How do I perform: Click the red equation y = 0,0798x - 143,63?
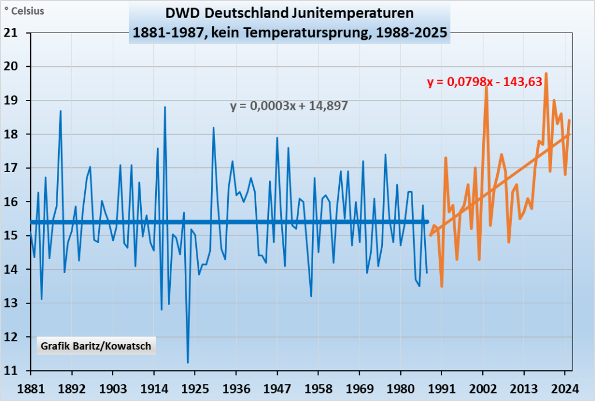pyautogui.click(x=485, y=83)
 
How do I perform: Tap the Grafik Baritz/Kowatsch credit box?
pyautogui.click(x=96, y=346)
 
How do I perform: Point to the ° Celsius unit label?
pyautogui.click(x=25, y=10)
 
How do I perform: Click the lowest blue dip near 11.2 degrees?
pyautogui.click(x=188, y=363)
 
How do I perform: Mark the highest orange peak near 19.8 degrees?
pyautogui.click(x=546, y=74)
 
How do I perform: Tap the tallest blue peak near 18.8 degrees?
pyautogui.click(x=165, y=108)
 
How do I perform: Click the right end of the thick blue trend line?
pyautogui.click(x=427, y=222)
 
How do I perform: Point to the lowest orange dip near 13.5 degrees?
pyautogui.click(x=442, y=286)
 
